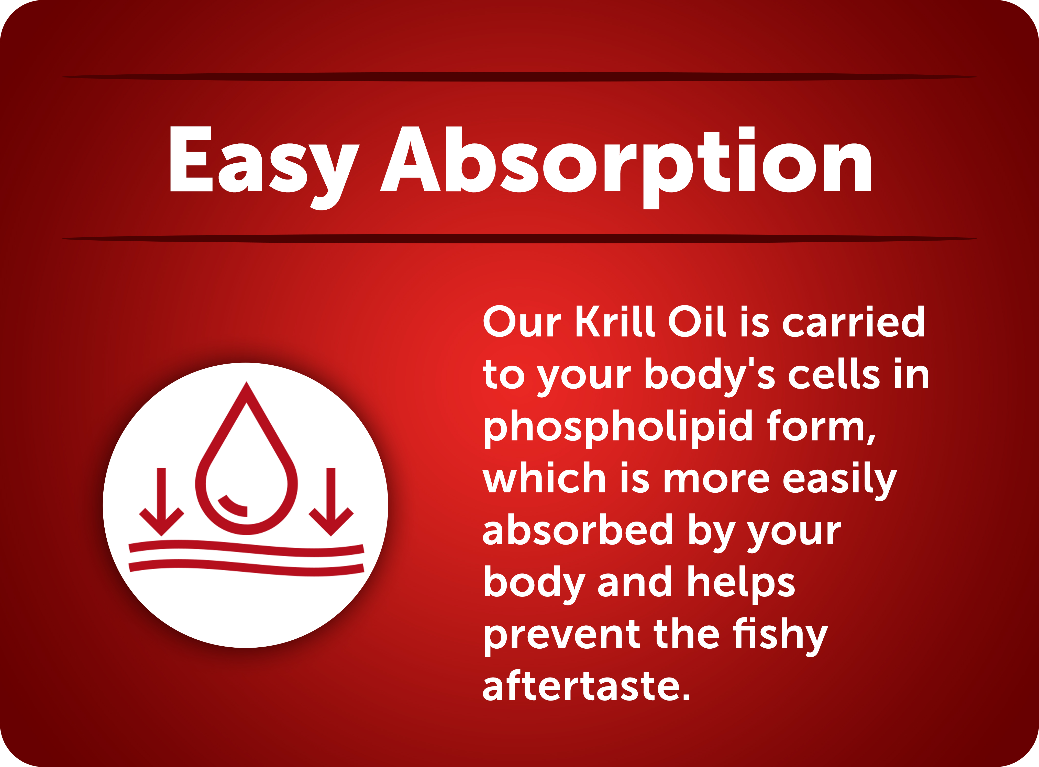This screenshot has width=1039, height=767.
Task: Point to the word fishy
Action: click(x=780, y=636)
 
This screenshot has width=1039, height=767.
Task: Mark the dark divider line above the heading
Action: click(x=519, y=77)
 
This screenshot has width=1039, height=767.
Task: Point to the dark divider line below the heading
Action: click(x=519, y=239)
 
